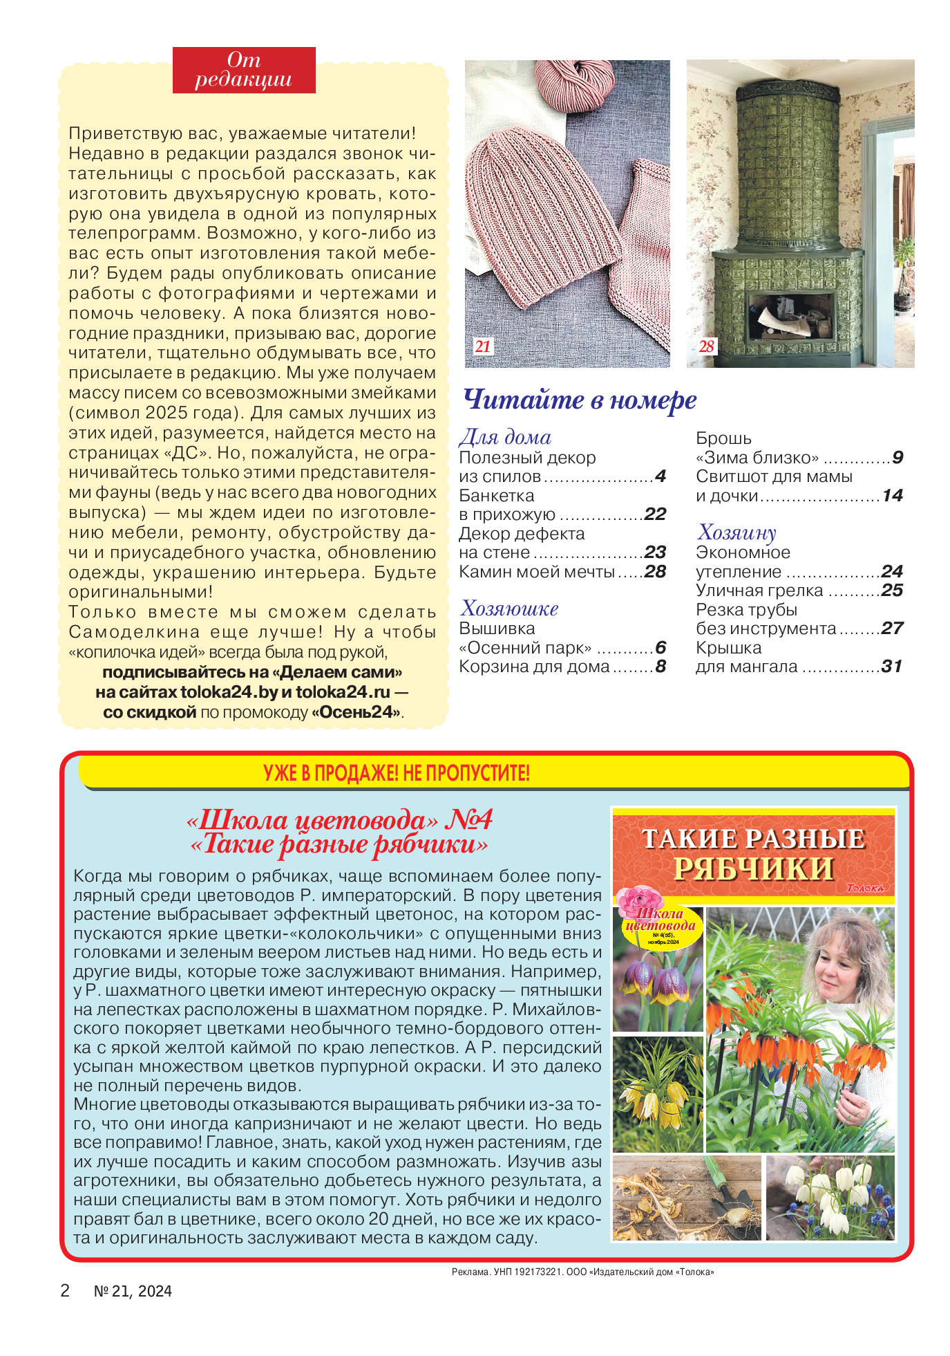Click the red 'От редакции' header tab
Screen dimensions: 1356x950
point(243,70)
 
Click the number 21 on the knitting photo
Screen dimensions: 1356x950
point(482,346)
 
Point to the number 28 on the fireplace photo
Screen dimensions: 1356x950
point(706,346)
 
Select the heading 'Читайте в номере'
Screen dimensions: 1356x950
point(579,400)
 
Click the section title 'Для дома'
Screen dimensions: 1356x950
point(505,437)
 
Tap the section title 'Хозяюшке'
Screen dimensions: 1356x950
point(509,609)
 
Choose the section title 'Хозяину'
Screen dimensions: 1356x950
point(737,532)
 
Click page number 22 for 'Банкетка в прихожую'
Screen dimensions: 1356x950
point(654,514)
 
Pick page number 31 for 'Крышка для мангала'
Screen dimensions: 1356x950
point(891,667)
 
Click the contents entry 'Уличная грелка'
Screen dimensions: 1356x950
point(759,591)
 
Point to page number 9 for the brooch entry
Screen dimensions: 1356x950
point(897,458)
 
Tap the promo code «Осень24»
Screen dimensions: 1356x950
point(357,712)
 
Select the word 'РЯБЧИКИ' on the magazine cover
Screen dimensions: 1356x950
point(753,869)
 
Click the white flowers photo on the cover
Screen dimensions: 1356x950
point(830,1197)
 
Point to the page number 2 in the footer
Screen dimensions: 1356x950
point(65,1290)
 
